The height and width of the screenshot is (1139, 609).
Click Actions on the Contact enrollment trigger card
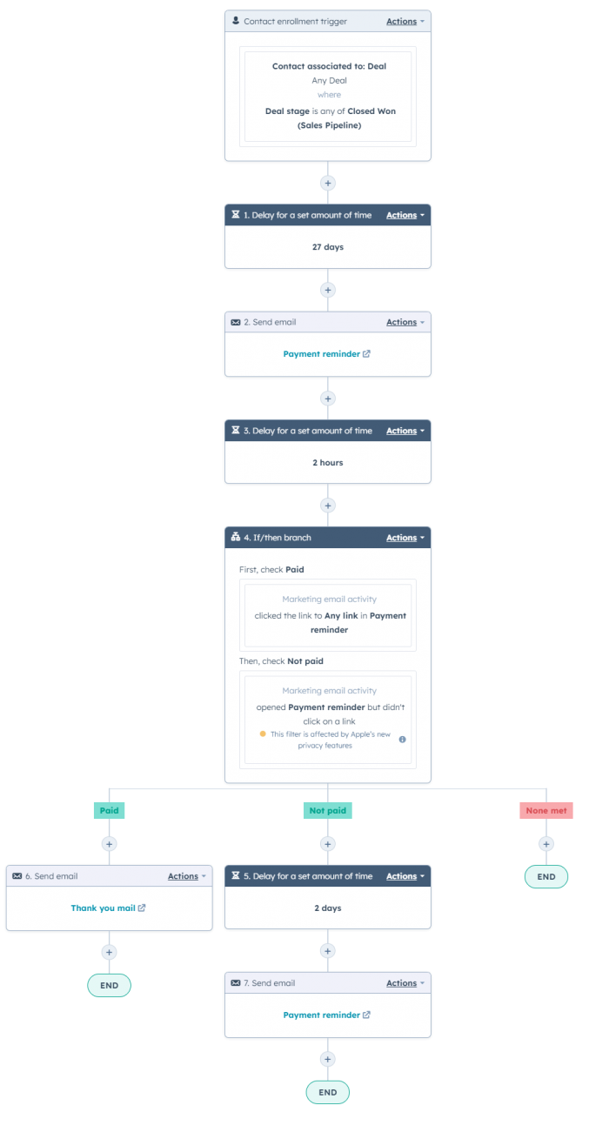(405, 21)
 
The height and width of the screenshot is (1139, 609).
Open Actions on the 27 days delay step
(405, 215)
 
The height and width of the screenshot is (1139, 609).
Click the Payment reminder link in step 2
(322, 354)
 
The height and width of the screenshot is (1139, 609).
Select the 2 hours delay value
(328, 463)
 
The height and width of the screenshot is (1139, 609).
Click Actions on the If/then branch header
(405, 538)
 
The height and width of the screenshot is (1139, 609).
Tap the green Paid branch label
(109, 810)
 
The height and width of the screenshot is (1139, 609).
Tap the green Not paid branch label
(328, 810)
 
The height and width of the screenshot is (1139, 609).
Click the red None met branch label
(546, 810)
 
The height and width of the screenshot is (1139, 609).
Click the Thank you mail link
(104, 908)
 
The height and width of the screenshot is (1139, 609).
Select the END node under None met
(546, 876)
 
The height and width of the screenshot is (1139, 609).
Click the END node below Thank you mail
(109, 985)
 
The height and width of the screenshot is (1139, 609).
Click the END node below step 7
(328, 1092)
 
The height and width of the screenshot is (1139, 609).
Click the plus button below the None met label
(546, 844)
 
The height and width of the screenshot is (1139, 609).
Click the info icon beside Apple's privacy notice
(402, 740)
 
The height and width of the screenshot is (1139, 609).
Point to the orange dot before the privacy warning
(263, 734)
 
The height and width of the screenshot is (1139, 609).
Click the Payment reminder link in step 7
(322, 1015)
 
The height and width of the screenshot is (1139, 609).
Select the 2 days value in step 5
(328, 908)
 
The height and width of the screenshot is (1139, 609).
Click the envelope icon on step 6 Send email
(17, 876)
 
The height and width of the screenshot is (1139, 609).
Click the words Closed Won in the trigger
(371, 111)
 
